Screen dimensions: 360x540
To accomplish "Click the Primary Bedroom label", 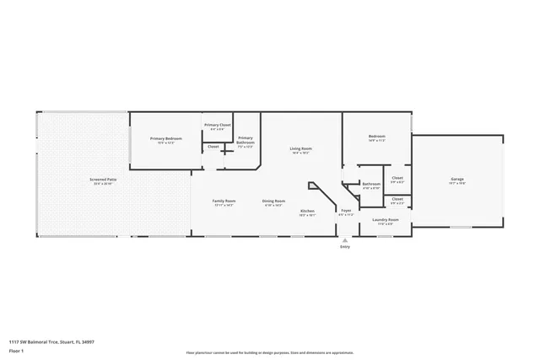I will coord(166,138).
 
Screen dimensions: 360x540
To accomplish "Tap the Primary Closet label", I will coord(218,125).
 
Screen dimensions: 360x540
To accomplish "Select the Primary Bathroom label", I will coord(246,140).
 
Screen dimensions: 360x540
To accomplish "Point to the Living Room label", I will coord(301,148).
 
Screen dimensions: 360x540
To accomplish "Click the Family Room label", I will coord(224,201).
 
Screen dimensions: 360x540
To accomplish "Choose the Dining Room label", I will coord(274,201).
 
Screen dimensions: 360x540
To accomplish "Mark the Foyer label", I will coord(346,211).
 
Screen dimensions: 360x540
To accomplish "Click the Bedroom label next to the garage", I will coord(376,137).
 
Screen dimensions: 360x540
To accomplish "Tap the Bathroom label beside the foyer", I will coord(371,184).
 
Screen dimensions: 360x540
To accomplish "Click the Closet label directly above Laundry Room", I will coord(397,199).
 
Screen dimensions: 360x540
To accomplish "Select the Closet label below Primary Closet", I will coord(213,146).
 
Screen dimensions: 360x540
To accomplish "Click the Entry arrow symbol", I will coord(344,239).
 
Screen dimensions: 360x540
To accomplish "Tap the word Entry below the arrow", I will coord(344,246).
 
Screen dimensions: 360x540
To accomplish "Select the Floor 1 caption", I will coord(16,350).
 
